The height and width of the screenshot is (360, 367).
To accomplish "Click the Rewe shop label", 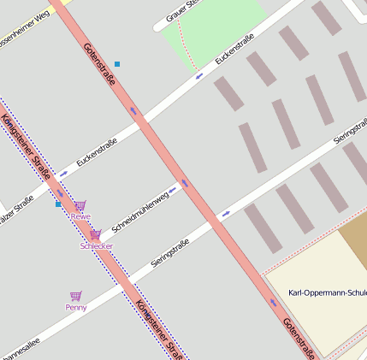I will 80,217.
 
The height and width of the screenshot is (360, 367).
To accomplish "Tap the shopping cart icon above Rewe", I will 80,206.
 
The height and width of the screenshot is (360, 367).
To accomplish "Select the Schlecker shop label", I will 96,245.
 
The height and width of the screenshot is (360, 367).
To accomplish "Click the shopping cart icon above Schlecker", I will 95,234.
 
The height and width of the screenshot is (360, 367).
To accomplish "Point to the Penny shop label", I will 75,307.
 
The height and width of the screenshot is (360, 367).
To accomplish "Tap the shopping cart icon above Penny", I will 75,296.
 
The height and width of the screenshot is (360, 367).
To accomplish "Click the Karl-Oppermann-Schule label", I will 328,293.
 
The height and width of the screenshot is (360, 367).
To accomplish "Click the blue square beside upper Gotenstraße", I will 117,64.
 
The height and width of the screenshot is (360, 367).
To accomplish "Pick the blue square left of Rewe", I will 58,204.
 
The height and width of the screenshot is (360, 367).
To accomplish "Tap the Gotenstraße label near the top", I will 98,63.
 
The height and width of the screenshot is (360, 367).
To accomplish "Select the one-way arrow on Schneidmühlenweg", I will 172,189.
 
